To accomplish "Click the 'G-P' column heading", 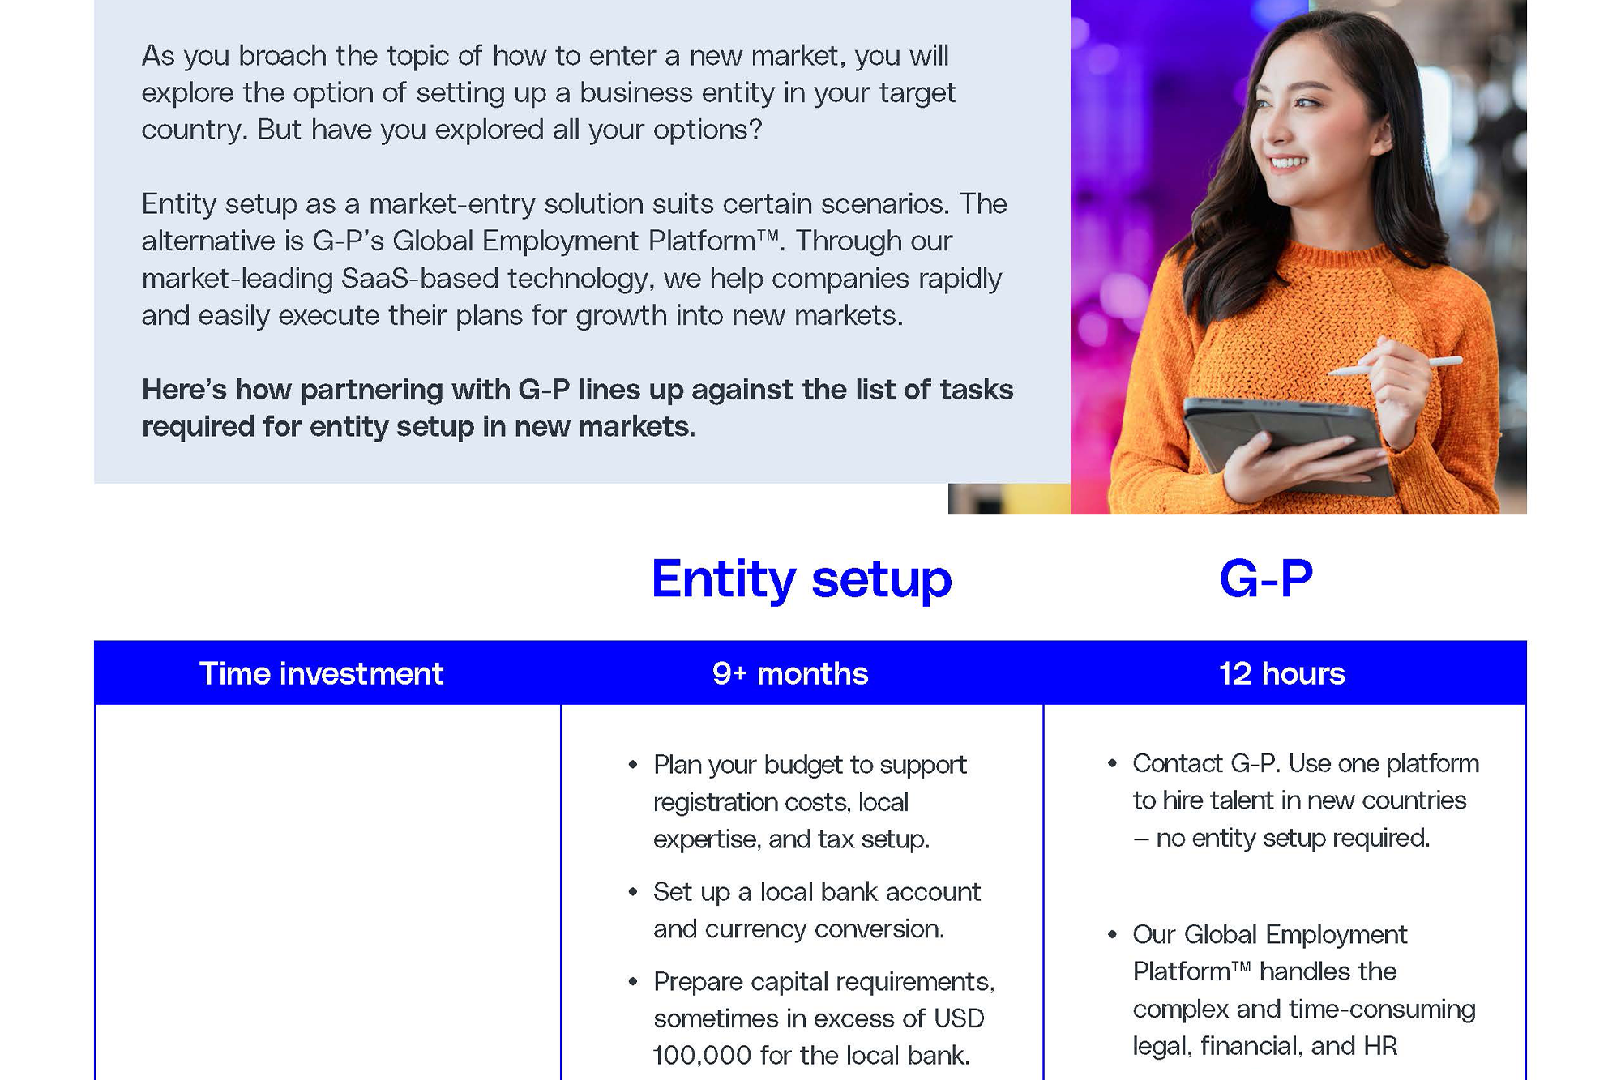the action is coord(1266,578).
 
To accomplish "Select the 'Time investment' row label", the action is coord(321,673).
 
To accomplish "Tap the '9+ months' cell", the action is coord(790,673).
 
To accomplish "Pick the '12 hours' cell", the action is coord(1281,673).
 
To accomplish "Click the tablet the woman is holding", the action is coord(1289,442).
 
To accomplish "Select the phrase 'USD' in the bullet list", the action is coord(959,1018).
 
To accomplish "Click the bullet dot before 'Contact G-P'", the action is coord(1112,763).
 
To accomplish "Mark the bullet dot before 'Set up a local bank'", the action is coord(633,892).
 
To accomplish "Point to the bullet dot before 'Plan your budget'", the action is coord(633,764).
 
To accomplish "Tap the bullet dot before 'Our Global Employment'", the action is coord(1112,935).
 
